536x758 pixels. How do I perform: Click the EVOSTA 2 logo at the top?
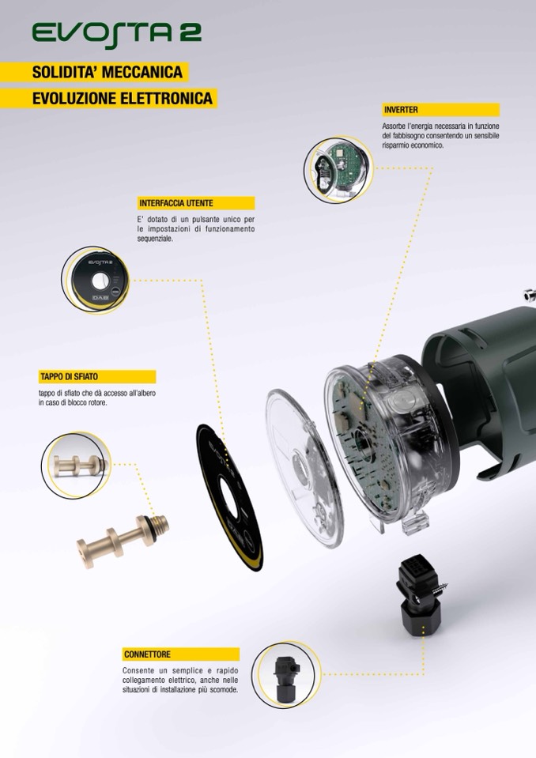(x=116, y=34)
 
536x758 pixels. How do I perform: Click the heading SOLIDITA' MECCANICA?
(x=108, y=72)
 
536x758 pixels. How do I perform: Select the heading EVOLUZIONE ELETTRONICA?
(x=123, y=99)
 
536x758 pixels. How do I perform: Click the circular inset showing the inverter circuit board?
(x=338, y=169)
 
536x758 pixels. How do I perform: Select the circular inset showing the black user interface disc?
(x=96, y=279)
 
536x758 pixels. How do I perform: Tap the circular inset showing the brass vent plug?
(x=77, y=465)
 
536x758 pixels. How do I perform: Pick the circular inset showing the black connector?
(x=286, y=675)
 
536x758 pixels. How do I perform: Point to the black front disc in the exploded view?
(x=229, y=498)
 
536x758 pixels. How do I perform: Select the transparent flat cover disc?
(x=304, y=469)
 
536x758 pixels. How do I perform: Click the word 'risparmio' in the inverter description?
(x=396, y=145)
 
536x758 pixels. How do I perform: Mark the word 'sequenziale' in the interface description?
(x=155, y=239)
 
